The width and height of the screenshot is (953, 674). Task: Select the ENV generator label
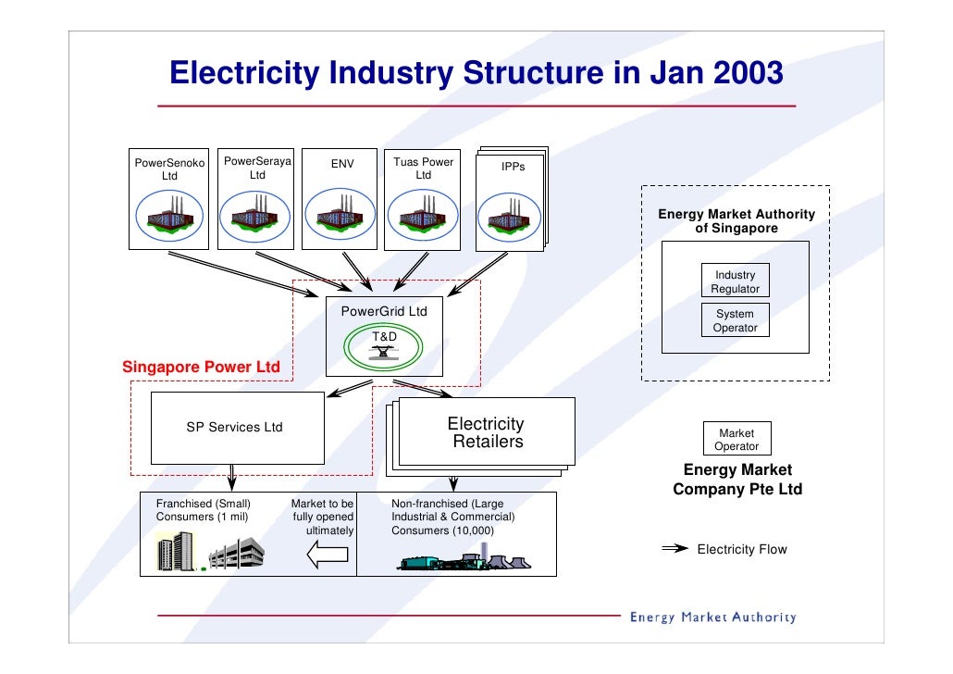(341, 167)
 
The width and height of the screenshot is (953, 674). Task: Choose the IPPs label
(514, 167)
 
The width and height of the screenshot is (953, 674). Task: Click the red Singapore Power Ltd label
(201, 368)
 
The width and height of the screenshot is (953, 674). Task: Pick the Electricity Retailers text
(487, 433)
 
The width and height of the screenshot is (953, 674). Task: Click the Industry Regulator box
(735, 282)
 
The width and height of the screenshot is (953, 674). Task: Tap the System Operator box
(735, 321)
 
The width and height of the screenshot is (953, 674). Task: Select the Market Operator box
(736, 440)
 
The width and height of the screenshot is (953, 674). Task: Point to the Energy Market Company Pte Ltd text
(737, 480)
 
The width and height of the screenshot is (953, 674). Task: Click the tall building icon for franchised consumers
(176, 552)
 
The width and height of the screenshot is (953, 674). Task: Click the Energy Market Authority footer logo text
(712, 618)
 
